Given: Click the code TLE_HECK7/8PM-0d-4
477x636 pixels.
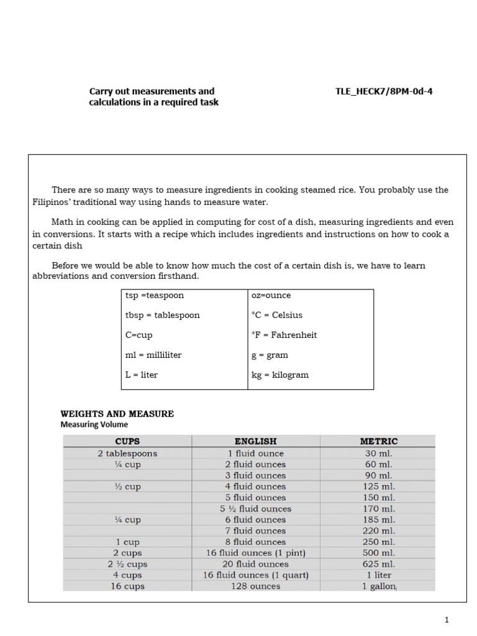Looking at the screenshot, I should click(384, 91).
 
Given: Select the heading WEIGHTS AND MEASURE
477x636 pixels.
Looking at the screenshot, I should click(117, 414).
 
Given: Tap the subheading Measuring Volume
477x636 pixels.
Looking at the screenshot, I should click(94, 425).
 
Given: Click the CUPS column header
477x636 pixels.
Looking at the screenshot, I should click(127, 442).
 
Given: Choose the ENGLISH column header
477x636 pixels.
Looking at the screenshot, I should click(255, 442).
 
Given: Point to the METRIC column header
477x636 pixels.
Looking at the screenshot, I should click(378, 442).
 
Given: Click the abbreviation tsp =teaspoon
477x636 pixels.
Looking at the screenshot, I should click(155, 296).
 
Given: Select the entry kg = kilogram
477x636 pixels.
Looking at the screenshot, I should click(279, 375).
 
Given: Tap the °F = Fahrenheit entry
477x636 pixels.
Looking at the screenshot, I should click(284, 335).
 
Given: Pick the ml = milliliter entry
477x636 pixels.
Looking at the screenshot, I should click(153, 355).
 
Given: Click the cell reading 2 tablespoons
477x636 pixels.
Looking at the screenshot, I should click(127, 453).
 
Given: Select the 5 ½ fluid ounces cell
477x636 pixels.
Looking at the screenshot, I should click(255, 509).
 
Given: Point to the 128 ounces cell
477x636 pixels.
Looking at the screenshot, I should click(255, 586).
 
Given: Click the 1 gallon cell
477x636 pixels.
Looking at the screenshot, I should click(378, 586).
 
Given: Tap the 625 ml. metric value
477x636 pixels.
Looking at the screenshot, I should click(378, 565).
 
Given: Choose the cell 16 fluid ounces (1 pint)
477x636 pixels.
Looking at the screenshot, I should click(255, 553).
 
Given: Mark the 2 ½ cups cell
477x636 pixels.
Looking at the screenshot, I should click(127, 565).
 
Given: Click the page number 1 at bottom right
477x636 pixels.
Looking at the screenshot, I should click(446, 620).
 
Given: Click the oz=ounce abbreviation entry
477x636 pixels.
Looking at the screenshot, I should click(271, 296).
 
